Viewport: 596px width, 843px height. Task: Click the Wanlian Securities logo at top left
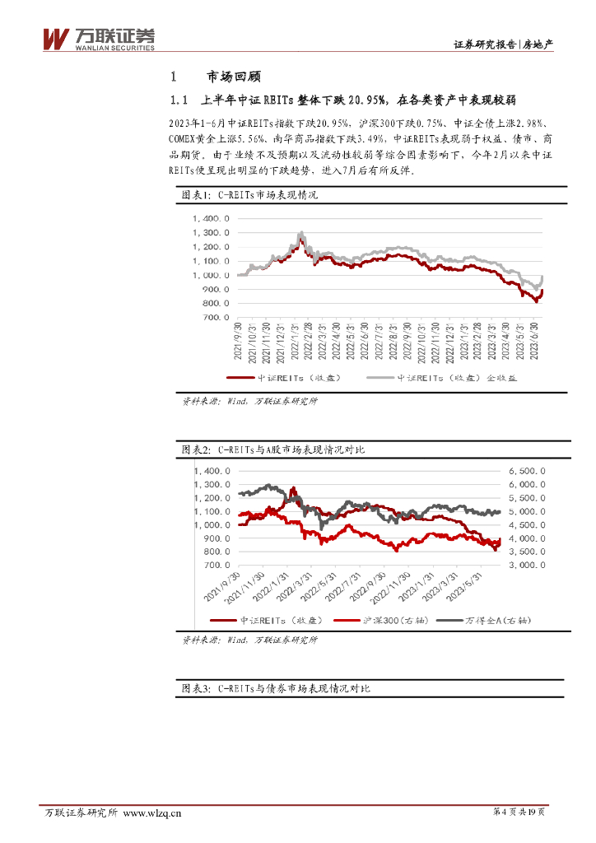point(98,38)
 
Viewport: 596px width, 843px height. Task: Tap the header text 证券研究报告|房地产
point(503,46)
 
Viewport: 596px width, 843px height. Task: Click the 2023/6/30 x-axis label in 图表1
point(536,342)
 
